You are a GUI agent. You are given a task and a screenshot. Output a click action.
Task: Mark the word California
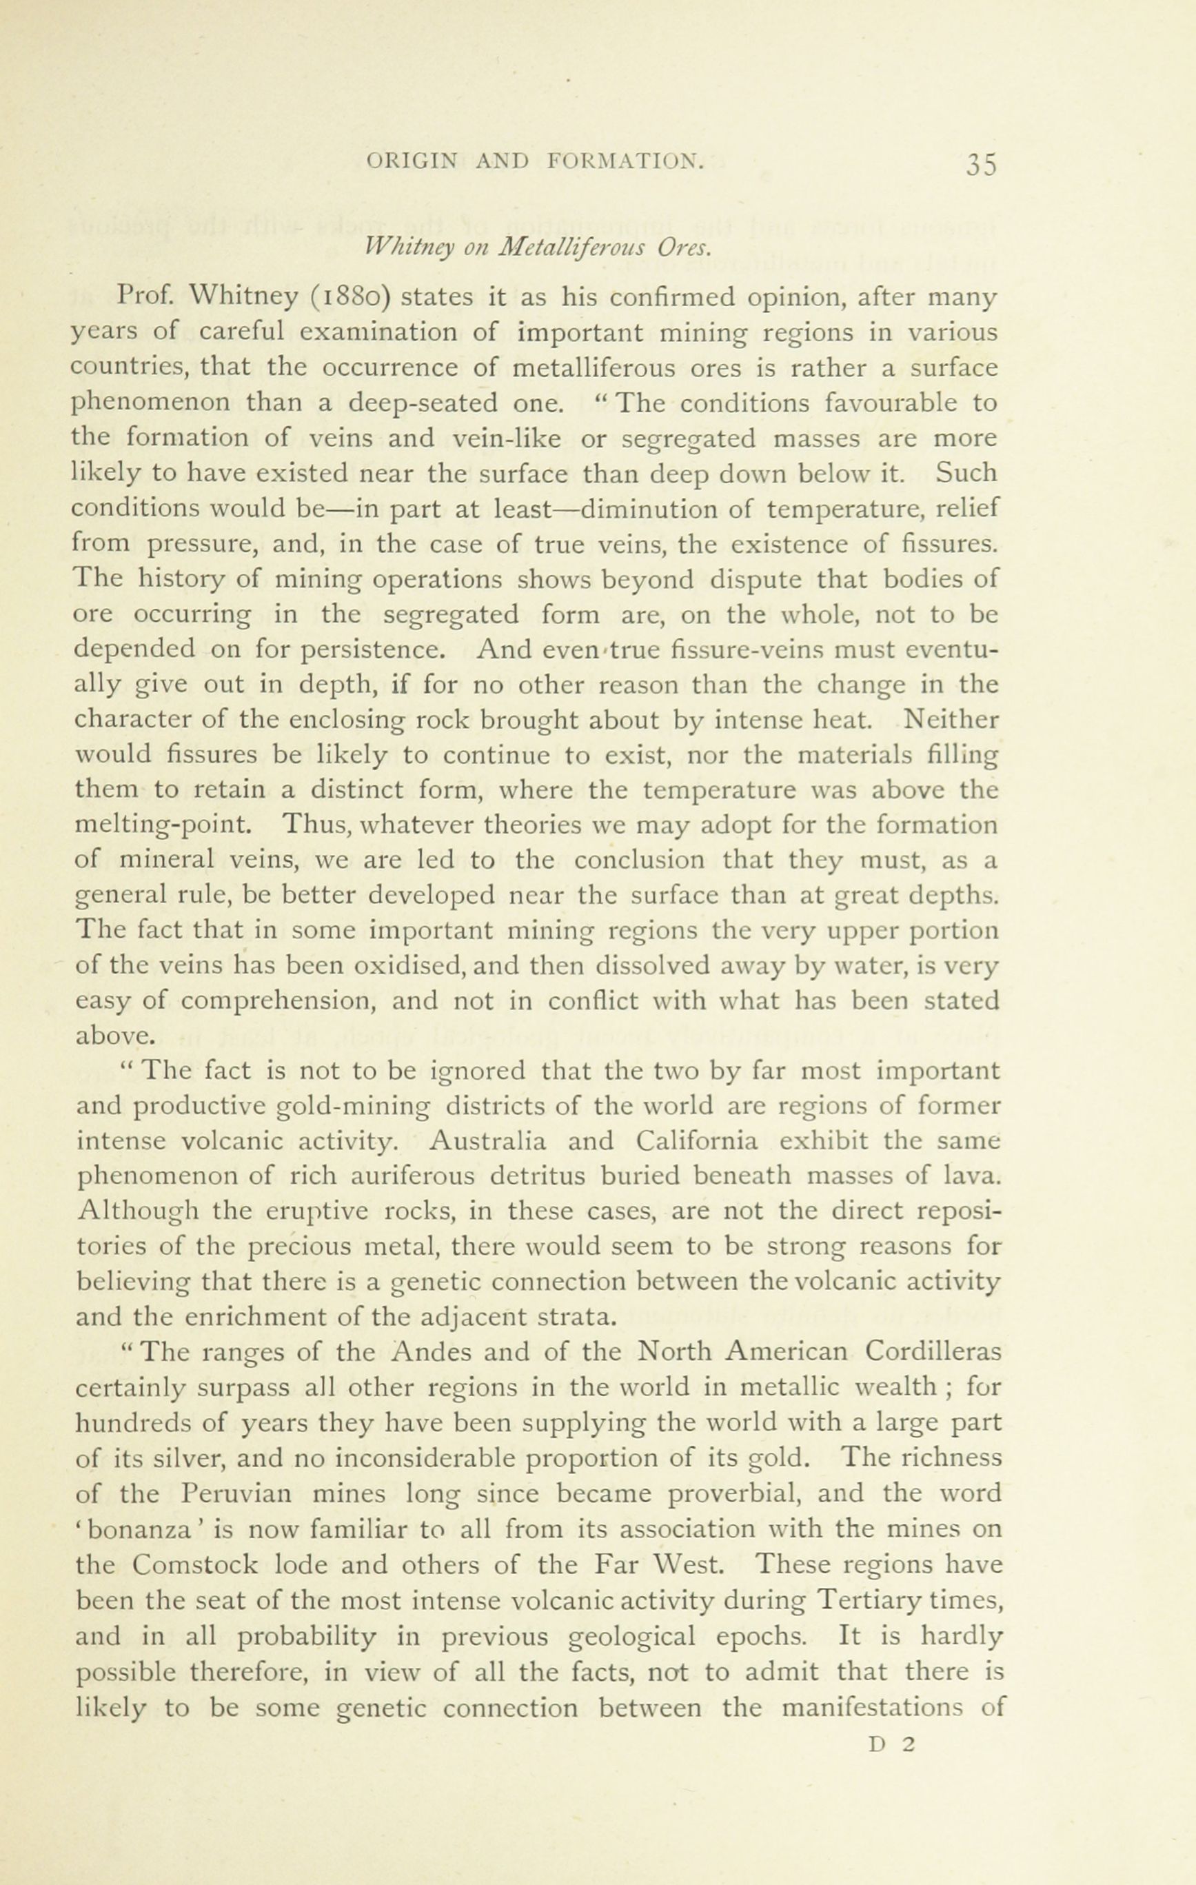click(697, 1141)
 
